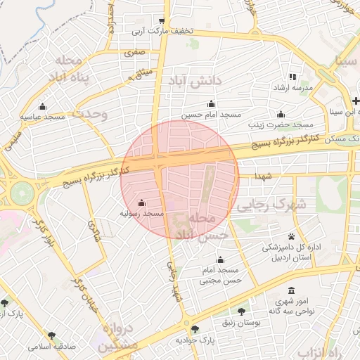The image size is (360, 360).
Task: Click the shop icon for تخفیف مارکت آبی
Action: tap(162, 20)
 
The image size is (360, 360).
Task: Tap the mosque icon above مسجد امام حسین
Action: tap(211, 104)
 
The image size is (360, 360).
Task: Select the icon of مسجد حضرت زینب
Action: tap(281, 114)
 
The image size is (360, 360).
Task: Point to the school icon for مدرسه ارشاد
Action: tap(292, 77)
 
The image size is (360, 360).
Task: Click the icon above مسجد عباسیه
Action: tap(42, 107)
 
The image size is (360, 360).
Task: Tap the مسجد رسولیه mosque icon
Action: tap(143, 202)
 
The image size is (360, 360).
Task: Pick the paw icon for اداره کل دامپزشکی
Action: tap(291, 236)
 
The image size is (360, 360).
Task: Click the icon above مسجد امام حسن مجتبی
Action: tap(221, 259)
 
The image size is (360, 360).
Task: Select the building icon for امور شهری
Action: tap(292, 291)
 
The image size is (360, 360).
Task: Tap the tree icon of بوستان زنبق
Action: tap(242, 310)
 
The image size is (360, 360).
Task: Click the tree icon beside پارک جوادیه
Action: tap(195, 328)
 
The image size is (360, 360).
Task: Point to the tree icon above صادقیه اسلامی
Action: tap(51, 335)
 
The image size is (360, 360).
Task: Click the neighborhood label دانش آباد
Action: tap(194, 82)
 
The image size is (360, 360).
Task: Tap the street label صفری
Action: tap(134, 52)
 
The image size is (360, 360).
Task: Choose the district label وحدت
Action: tap(90, 114)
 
